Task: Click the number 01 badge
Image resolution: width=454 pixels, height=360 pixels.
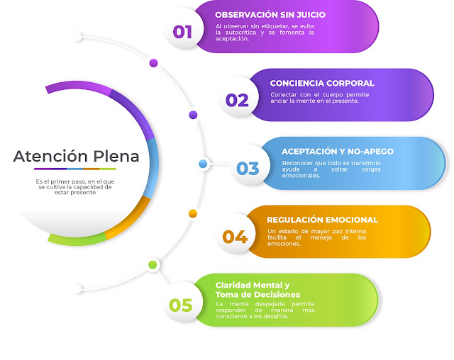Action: coord(183,31)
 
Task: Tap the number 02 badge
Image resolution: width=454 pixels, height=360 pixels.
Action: coord(237,100)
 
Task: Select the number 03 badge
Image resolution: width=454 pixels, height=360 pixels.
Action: coord(248,169)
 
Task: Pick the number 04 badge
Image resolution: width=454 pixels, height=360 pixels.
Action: coord(235,237)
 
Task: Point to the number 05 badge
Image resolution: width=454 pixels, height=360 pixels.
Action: coord(181,305)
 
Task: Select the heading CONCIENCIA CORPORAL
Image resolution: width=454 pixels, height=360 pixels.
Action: coord(322,83)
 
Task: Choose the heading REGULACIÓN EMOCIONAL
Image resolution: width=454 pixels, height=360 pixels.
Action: coord(323,220)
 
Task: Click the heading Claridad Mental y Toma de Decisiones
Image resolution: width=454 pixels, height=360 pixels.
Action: coord(258,289)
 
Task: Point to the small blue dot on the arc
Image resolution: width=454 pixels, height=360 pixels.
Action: coord(203,164)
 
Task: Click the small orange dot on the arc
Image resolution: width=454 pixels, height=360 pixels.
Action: coord(192,213)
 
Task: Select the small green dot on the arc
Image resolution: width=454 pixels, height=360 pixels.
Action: coord(153,265)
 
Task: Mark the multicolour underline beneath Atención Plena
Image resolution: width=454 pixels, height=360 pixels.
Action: coord(76,169)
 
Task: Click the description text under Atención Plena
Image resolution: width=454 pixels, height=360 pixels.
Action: coord(74,186)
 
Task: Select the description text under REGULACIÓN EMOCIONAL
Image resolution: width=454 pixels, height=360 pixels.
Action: coord(317,237)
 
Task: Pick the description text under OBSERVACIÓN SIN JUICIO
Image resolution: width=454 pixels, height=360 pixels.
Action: coord(265,33)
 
